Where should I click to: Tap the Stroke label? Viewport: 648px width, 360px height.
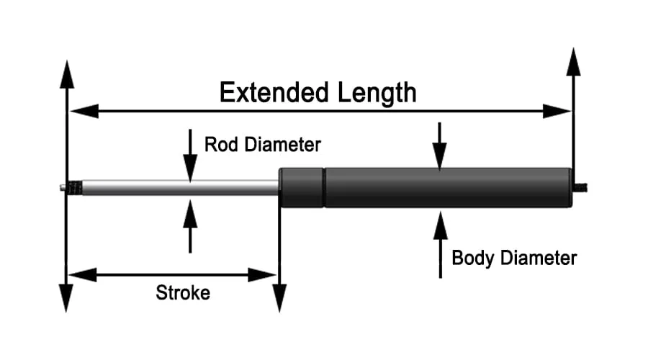click(x=183, y=293)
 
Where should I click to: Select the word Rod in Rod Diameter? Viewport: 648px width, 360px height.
click(x=219, y=144)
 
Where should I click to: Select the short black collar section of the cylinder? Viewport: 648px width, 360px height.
click(x=302, y=187)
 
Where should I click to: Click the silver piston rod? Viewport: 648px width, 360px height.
click(x=180, y=187)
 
